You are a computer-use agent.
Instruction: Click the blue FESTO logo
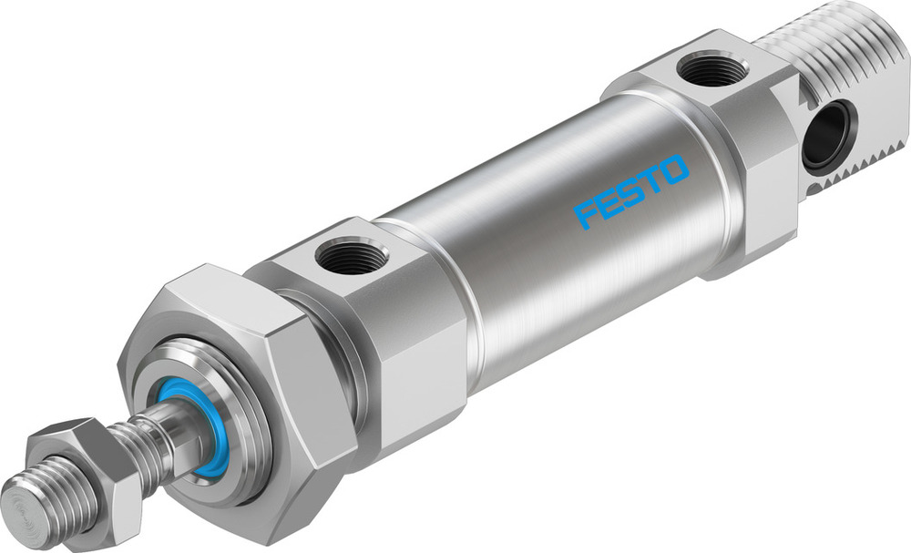click(631, 191)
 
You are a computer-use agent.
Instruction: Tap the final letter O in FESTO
click(673, 170)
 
